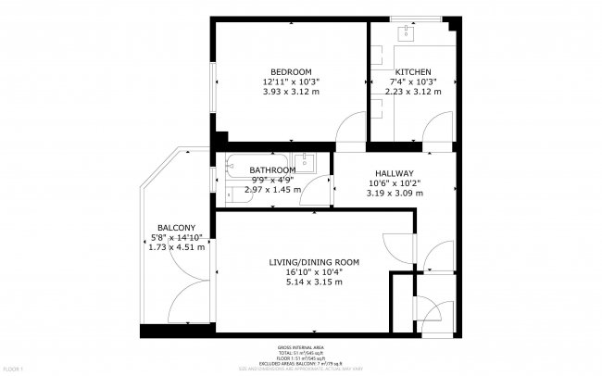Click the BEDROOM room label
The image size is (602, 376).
point(290,72)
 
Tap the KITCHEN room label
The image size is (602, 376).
point(412,72)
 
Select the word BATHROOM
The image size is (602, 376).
point(272,170)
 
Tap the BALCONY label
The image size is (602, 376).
point(176,228)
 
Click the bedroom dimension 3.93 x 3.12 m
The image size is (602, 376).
point(290,92)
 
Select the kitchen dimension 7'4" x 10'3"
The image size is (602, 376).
point(412,82)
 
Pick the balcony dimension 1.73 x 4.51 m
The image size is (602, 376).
point(176,247)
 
